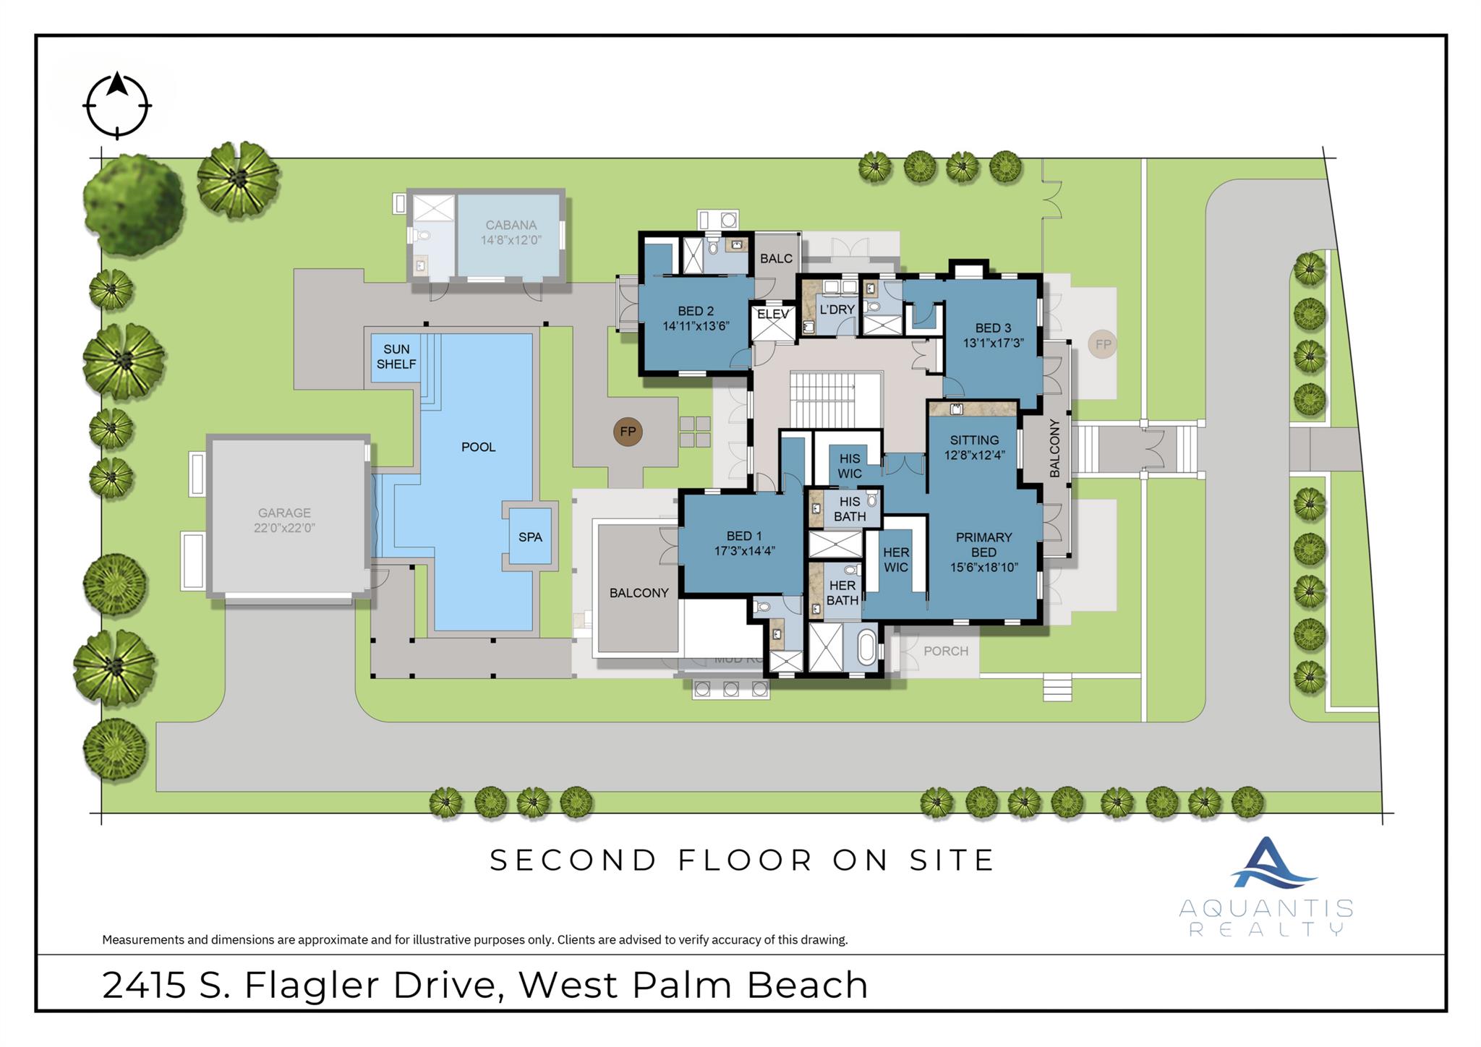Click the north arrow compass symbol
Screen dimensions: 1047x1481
coord(117,106)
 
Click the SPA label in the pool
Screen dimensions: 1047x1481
coord(530,537)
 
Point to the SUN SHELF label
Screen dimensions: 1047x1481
coord(396,356)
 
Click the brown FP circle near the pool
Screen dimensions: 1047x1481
coord(628,432)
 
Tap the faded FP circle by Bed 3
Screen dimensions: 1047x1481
coord(1102,344)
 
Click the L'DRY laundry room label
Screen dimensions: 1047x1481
coord(837,309)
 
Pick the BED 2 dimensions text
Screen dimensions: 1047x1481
coord(696,326)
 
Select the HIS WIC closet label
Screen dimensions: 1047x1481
coord(849,466)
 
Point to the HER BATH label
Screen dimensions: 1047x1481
coord(842,592)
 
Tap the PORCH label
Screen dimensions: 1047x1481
coord(945,651)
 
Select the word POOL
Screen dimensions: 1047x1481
coord(478,447)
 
